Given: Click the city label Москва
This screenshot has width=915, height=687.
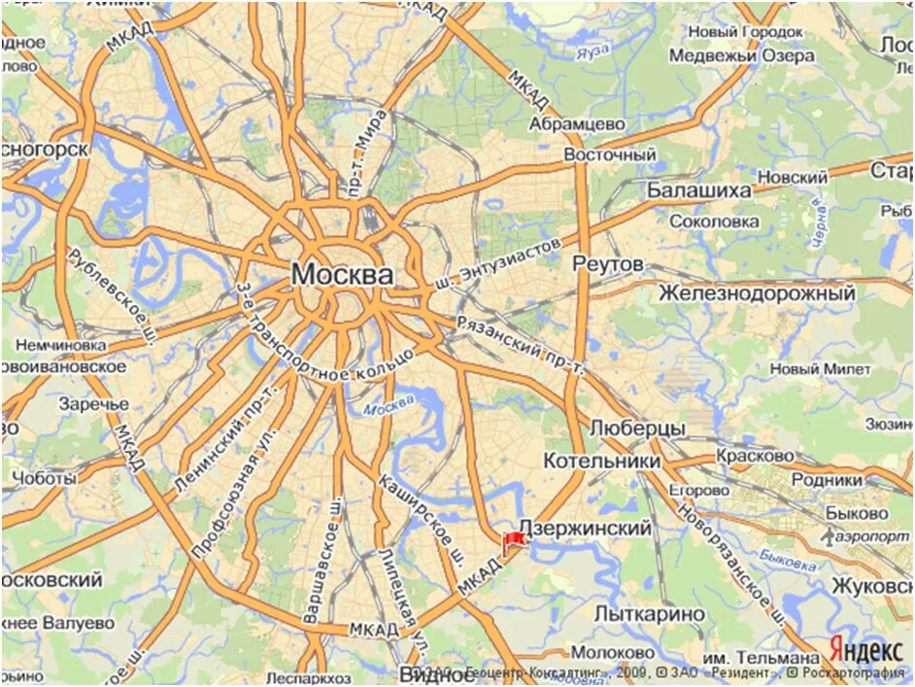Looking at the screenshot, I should [x=342, y=275].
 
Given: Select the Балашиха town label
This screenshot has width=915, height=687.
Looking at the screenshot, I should [x=699, y=189].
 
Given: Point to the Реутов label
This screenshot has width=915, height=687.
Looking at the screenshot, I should [x=608, y=264].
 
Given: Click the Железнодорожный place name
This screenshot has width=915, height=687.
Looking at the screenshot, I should [x=757, y=292].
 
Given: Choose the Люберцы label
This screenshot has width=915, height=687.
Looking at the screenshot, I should [x=637, y=429].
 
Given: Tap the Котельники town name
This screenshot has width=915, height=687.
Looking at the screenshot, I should [x=602, y=461].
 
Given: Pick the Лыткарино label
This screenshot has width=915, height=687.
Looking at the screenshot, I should [x=649, y=614].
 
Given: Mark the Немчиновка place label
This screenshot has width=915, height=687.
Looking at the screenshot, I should [x=60, y=345].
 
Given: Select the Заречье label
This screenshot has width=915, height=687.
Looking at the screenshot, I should [x=93, y=403].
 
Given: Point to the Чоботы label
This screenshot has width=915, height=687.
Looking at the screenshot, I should [x=44, y=478].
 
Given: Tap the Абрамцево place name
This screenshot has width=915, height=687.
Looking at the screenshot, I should [x=578, y=123].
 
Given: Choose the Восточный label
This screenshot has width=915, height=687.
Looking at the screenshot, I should [x=610, y=155].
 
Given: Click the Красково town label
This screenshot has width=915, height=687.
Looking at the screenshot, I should [x=755, y=455].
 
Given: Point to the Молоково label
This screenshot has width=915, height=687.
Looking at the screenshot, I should [x=612, y=652].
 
